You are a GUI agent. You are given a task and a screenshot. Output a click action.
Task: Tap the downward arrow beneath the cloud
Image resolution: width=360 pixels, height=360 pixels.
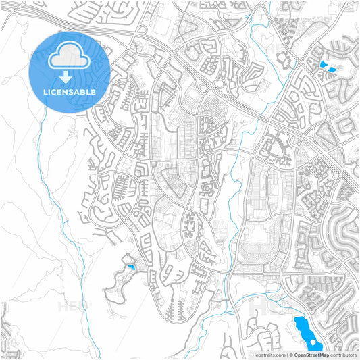(x=70, y=77)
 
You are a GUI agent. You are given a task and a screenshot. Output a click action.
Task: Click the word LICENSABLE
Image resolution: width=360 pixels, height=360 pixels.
(x=70, y=91)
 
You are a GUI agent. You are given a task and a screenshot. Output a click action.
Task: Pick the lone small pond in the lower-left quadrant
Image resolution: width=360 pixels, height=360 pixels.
(x=130, y=267)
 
